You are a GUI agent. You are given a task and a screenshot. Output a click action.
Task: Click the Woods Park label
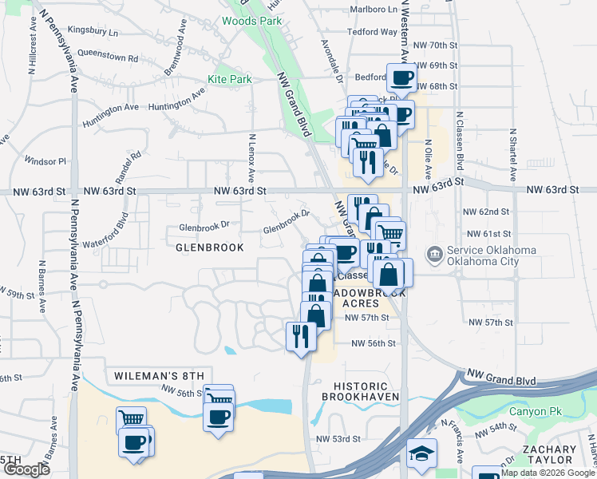(251, 22)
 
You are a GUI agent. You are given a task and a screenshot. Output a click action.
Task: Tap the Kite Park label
(230, 79)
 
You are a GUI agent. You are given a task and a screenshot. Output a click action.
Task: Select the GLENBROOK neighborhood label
(209, 247)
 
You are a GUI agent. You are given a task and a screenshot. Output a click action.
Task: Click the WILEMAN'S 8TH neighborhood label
(160, 375)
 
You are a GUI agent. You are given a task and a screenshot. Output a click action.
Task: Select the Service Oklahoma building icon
(434, 255)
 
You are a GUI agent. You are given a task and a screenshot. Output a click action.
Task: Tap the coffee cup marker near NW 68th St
(401, 78)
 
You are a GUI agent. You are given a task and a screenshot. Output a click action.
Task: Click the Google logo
(26, 469)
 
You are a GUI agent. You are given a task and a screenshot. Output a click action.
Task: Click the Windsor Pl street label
(45, 160)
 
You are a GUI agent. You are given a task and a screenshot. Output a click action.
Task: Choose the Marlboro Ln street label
(374, 10)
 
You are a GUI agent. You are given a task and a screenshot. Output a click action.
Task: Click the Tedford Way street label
(372, 33)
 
